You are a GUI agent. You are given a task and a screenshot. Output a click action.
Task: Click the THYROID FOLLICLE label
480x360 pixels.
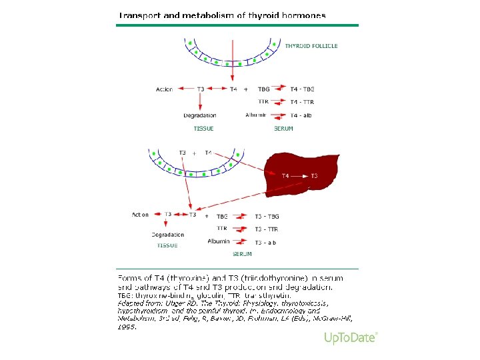[x=311, y=46]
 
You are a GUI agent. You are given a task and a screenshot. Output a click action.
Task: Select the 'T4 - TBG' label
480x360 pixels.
[x=302, y=89]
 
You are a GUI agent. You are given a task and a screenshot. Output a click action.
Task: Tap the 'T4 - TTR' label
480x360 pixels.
[x=302, y=102]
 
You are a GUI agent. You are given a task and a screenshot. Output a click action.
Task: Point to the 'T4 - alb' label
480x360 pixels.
[x=301, y=115]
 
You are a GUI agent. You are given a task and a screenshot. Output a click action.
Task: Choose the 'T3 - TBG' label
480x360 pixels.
[x=267, y=216]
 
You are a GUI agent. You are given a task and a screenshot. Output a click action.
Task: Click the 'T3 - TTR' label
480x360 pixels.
[x=266, y=229]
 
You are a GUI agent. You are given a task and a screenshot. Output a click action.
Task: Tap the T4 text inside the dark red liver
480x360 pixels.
[x=285, y=176]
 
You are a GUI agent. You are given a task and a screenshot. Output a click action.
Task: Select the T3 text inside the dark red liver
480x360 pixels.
[x=314, y=176]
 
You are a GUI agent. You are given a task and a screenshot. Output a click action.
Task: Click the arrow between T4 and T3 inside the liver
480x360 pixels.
[x=299, y=176]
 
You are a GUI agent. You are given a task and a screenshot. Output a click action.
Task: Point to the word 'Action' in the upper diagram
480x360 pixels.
[x=164, y=89]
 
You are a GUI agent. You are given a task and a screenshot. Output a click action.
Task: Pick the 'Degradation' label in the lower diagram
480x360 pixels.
[x=167, y=235]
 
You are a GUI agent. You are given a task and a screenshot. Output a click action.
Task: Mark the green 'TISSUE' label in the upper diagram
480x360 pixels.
[x=203, y=128]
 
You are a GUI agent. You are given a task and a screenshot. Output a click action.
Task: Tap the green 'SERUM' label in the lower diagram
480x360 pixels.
[x=242, y=254]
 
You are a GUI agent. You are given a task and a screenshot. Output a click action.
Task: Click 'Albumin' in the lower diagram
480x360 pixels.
[x=219, y=241]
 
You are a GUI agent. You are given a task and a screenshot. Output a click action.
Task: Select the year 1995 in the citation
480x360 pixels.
[x=127, y=327]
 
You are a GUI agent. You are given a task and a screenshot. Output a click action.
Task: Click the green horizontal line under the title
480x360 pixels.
[x=237, y=25]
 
